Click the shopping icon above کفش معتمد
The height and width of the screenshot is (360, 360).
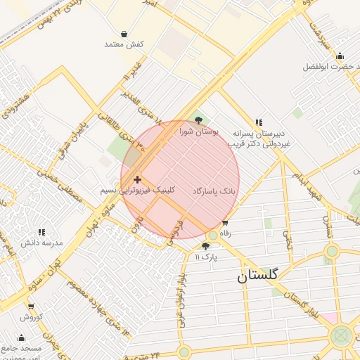point(124,34)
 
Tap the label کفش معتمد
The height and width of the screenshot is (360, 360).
point(124,44)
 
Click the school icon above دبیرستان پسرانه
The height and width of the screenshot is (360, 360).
point(259,122)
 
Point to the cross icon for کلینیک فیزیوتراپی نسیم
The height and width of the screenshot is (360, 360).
point(137,180)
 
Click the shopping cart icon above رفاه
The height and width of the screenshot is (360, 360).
point(225,222)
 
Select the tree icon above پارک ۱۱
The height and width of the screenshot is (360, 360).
point(205,246)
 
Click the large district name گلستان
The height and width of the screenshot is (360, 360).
point(257,276)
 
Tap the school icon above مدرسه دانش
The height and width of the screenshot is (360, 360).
point(41,232)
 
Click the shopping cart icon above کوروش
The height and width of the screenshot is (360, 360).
point(31,307)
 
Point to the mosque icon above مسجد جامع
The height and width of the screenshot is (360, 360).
point(21,337)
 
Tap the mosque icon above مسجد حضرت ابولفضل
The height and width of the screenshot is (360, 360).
point(340,56)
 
